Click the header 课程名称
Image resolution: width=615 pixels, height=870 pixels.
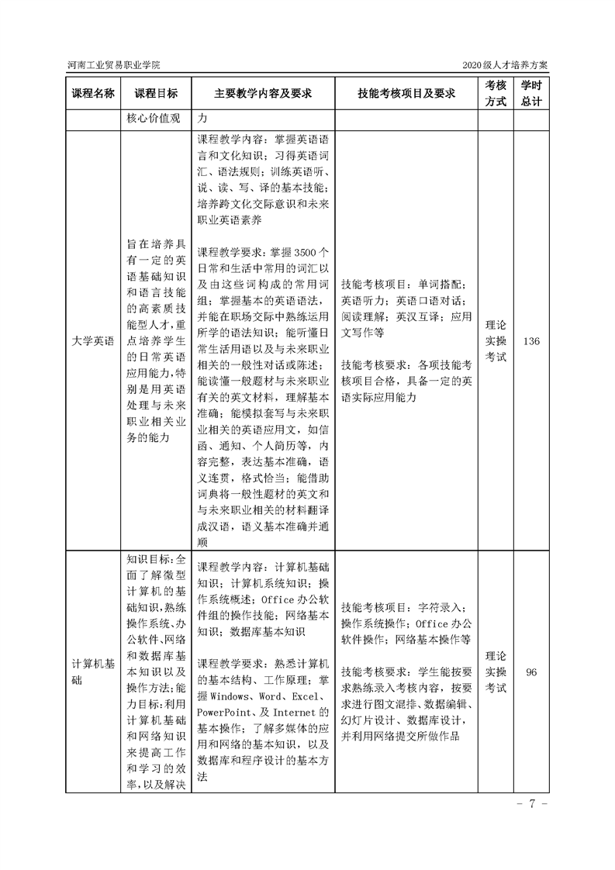pos(93,93)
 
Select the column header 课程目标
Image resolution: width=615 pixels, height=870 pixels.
pos(156,93)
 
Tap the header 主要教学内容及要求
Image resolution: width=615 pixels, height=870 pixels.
pos(263,93)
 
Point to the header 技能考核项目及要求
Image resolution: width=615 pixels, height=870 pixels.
pos(406,93)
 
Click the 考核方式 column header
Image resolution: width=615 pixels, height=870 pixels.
pos(496,93)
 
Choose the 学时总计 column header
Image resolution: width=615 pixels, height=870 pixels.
pos(531,93)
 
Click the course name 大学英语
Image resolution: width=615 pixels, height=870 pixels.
pos(93,340)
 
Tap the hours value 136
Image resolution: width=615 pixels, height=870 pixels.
pos(531,341)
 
